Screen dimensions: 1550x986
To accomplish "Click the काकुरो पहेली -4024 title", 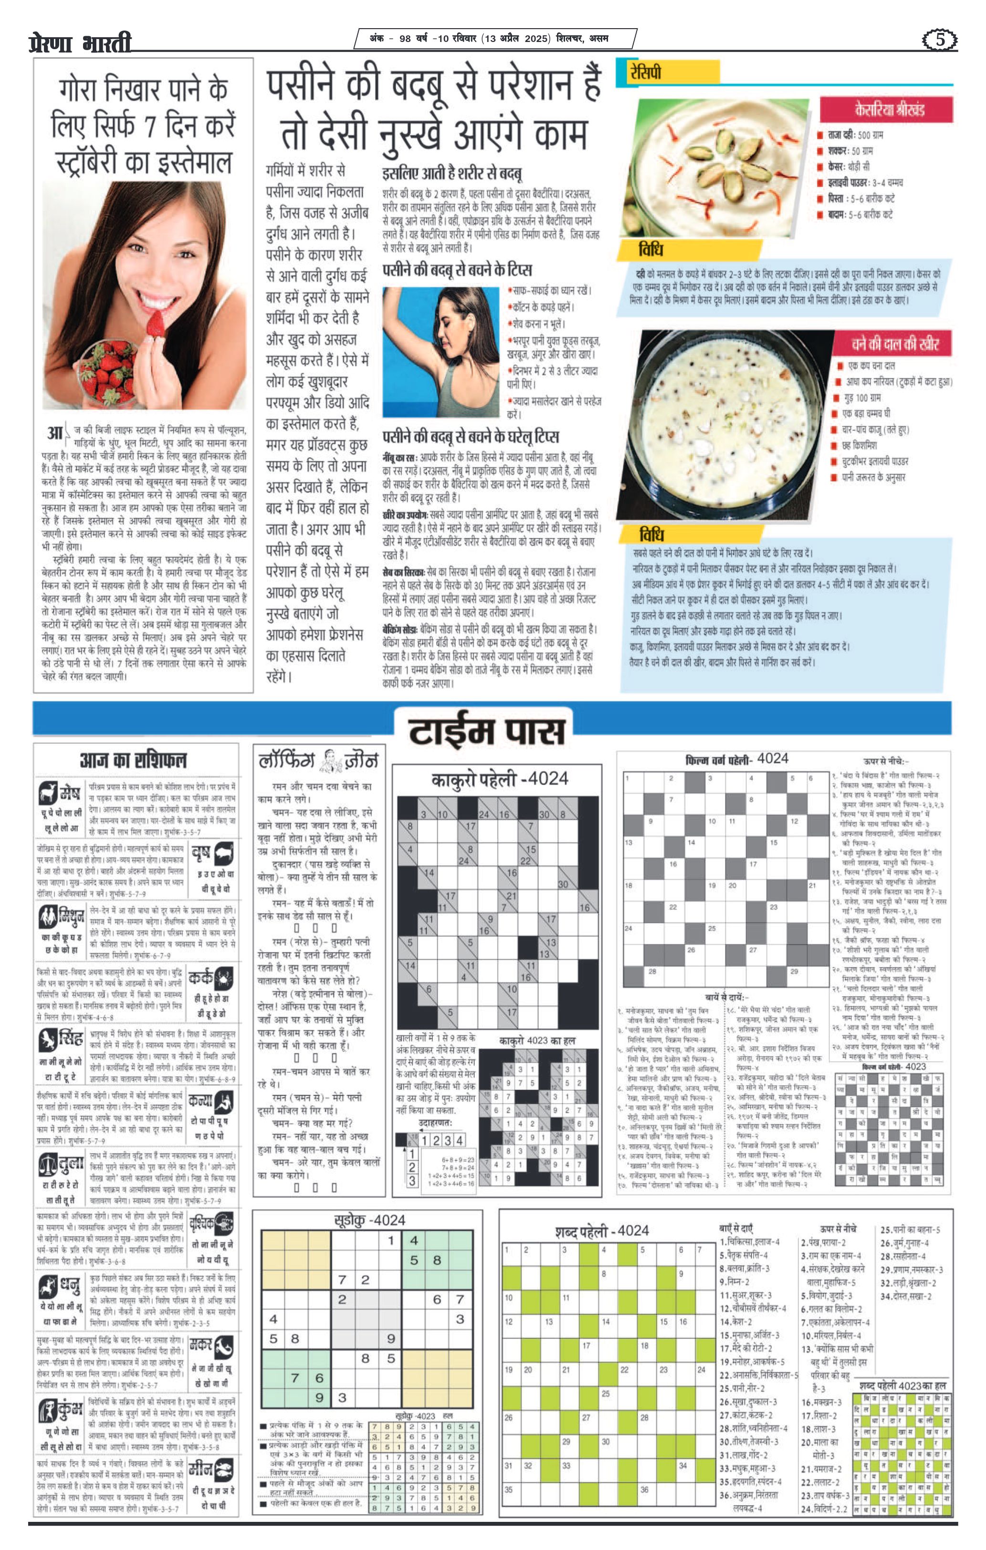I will [x=499, y=779].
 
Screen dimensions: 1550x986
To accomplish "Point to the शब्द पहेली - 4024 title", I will [x=602, y=1231].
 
